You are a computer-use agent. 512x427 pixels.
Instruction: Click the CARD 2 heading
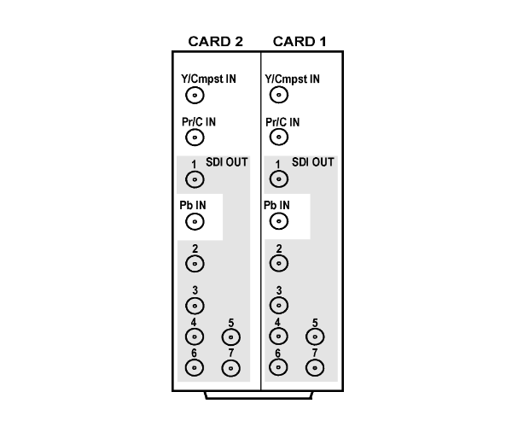[216, 42]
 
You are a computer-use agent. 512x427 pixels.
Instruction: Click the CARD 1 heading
[300, 42]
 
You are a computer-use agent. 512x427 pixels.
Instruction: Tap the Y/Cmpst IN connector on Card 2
[195, 96]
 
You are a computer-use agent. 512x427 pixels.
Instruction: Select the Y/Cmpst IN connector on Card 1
[279, 95]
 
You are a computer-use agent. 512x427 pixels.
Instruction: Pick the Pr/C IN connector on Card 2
[195, 137]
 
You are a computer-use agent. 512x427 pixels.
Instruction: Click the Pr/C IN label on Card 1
[282, 122]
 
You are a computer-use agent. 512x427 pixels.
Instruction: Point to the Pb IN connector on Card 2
[195, 222]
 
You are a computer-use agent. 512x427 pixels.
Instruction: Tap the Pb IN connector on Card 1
[279, 221]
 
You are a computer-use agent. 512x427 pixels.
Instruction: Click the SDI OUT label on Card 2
[227, 162]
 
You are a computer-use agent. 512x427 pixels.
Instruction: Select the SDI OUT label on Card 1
[313, 162]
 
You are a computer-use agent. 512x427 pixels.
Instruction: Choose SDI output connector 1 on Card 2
[195, 179]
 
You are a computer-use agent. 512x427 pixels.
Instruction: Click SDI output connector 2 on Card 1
[279, 263]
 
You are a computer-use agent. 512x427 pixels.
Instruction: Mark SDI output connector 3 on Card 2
[195, 306]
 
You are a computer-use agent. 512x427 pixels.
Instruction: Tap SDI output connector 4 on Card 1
[278, 336]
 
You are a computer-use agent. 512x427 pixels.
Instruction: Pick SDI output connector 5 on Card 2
[231, 337]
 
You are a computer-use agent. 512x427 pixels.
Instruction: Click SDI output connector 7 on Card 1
[315, 368]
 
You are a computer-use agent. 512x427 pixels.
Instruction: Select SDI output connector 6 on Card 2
[195, 368]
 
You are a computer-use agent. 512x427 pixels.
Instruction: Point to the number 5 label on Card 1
[315, 323]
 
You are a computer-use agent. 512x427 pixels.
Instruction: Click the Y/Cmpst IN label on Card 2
[209, 79]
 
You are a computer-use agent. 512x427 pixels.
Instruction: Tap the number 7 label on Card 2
[231, 353]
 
